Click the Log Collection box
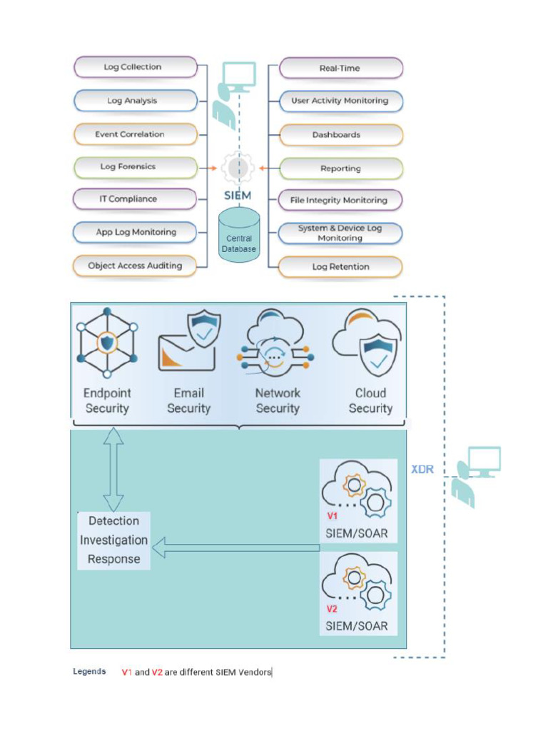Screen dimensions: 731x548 pos(136,67)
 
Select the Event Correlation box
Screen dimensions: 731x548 pos(136,134)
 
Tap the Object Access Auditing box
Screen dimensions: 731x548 pos(136,266)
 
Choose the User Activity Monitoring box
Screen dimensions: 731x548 pos(340,101)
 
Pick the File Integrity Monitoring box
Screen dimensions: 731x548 pos(340,201)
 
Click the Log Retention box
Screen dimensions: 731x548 pos(340,267)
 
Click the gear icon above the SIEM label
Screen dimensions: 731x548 pos(238,168)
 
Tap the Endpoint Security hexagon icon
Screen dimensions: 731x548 pos(107,343)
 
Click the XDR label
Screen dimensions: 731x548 pos(423,470)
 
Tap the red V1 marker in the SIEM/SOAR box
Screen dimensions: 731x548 pos(333,515)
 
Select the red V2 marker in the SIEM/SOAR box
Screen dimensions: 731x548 pos(333,609)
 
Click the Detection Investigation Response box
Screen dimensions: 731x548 pos(113,540)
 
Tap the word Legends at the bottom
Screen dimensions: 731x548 pos(89,672)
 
